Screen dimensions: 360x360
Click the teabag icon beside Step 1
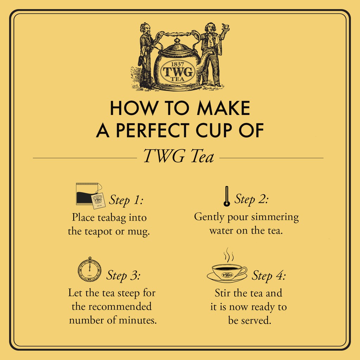pyautogui.click(x=90, y=195)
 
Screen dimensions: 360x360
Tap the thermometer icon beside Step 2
pyautogui.click(x=227, y=196)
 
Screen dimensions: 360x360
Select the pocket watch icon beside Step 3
pyautogui.click(x=90, y=269)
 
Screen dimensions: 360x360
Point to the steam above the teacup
pyautogui.click(x=229, y=255)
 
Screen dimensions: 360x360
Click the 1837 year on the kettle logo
pyautogui.click(x=178, y=64)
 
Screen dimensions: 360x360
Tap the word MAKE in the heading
pyautogui.click(x=223, y=108)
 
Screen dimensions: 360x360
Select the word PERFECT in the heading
pyautogui.click(x=153, y=130)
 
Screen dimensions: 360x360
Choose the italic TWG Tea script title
pyautogui.click(x=179, y=156)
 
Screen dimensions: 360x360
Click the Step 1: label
pyautogui.click(x=126, y=200)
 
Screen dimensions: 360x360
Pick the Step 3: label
pyautogui.click(x=123, y=275)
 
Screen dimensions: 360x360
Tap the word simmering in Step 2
pyautogui.click(x=275, y=217)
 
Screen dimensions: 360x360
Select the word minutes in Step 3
pyautogui.click(x=141, y=320)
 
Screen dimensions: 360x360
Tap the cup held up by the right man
pyautogui.click(x=226, y=26)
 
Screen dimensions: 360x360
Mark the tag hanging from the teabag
pyautogui.click(x=98, y=201)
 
